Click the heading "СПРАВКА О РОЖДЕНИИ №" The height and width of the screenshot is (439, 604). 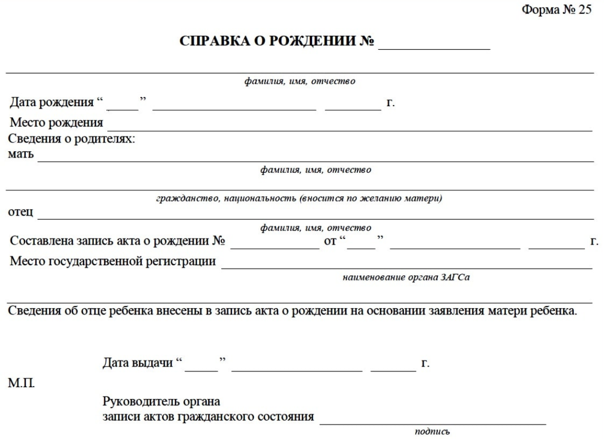(277, 42)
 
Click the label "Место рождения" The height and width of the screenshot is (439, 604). (57, 124)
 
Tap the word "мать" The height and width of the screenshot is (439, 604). (21, 154)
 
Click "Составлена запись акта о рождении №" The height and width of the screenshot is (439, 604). (118, 241)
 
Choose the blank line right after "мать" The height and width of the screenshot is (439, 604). (316, 161)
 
